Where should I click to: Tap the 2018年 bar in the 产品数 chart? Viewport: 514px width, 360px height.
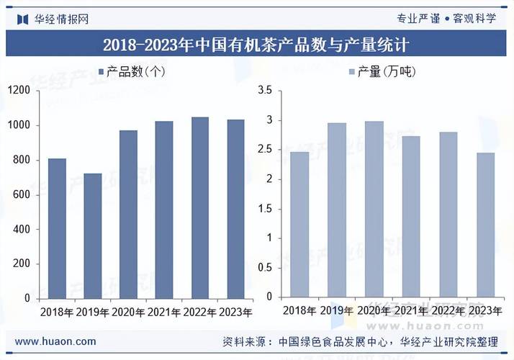[x=58, y=228]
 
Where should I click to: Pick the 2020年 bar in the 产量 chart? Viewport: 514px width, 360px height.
[x=374, y=210]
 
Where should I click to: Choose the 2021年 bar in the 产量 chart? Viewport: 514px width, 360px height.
[x=411, y=217]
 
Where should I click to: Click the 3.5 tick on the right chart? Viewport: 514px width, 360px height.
[x=264, y=90]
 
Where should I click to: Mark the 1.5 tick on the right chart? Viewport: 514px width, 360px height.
[x=264, y=209]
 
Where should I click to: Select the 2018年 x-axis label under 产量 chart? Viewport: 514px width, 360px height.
[x=299, y=311]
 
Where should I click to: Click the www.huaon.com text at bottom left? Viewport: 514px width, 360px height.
[x=55, y=341]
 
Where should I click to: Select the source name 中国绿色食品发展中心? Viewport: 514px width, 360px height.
[x=335, y=341]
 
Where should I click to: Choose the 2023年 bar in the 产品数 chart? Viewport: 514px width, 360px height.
[x=235, y=209]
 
